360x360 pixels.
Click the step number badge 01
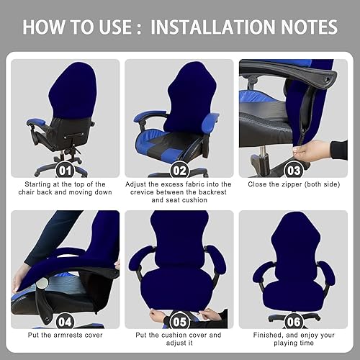(x=65, y=171)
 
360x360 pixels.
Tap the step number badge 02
(x=179, y=171)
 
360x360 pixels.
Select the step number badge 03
(x=294, y=171)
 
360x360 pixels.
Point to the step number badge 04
(x=65, y=322)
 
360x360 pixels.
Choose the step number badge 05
(x=179, y=322)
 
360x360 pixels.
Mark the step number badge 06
(x=294, y=322)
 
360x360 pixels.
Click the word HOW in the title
(x=44, y=27)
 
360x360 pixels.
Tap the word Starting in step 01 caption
(x=37, y=184)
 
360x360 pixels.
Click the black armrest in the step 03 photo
(x=288, y=71)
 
